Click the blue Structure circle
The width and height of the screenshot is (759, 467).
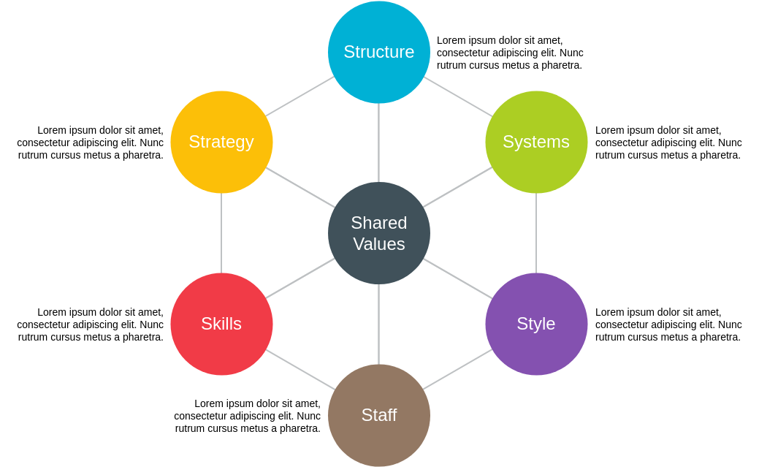click(x=378, y=52)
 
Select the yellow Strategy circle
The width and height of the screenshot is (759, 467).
click(x=221, y=142)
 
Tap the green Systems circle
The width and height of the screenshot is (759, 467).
click(x=536, y=142)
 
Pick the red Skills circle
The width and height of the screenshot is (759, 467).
click(x=221, y=324)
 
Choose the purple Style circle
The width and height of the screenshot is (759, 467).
click(x=536, y=324)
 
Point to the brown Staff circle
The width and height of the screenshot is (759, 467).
click(x=378, y=415)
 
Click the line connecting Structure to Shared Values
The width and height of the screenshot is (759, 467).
click(x=378, y=143)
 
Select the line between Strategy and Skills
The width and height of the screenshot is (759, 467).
click(x=221, y=233)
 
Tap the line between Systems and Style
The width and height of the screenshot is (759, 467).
click(x=536, y=233)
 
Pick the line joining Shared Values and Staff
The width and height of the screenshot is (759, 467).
click(x=378, y=324)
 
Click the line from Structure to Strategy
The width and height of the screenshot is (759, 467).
click(x=300, y=96)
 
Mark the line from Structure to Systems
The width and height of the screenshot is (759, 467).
click(x=458, y=96)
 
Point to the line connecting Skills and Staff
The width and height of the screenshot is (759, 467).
click(x=300, y=369)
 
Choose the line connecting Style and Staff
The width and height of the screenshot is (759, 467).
click(x=458, y=369)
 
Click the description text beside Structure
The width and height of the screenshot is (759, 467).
click(x=510, y=53)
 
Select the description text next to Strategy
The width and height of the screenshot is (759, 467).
click(x=91, y=143)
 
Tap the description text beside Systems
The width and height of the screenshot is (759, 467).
click(x=668, y=143)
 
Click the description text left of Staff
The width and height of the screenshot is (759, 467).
click(x=248, y=416)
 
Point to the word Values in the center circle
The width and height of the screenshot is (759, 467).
click(x=378, y=244)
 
